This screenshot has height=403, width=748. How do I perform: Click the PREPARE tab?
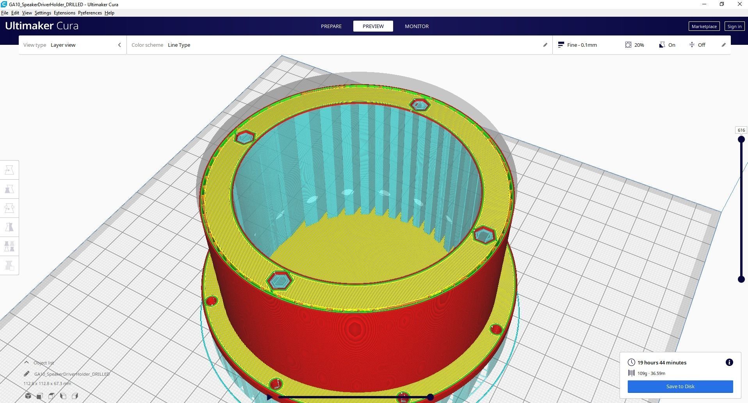point(331,26)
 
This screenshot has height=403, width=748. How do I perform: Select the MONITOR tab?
point(417,26)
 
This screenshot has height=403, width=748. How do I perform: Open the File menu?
point(5,13)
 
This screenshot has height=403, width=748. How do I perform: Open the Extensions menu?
point(64,13)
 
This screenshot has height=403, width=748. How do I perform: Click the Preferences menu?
point(90,13)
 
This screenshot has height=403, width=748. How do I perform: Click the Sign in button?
point(734,27)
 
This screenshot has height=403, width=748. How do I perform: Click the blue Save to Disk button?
point(680,387)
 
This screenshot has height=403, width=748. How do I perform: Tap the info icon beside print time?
point(729,362)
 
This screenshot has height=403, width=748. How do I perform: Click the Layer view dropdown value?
point(63,45)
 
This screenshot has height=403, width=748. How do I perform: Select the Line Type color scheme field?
point(179,45)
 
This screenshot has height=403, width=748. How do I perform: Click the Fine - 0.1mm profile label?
point(582,45)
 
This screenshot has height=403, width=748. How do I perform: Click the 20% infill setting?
point(639,45)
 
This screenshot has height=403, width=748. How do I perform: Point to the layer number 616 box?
point(741,130)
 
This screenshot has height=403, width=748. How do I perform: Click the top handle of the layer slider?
point(741,140)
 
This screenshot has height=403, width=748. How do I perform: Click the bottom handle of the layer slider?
point(741,279)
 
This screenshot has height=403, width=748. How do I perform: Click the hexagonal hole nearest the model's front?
point(280,281)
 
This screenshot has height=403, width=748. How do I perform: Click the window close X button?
point(739,4)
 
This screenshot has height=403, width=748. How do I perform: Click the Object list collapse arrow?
point(27,362)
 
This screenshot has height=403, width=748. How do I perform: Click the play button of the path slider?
point(269,397)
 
